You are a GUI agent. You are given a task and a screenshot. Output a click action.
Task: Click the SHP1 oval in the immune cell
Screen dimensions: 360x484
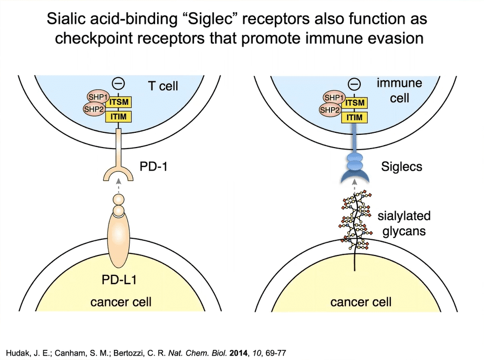coord(333,97)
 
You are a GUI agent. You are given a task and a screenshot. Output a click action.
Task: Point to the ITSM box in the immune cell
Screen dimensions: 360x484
coord(355,103)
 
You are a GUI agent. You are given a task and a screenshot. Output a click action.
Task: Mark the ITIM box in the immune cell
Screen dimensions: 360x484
coord(355,117)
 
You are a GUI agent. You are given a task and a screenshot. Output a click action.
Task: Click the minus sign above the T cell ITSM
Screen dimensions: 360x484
coord(119,84)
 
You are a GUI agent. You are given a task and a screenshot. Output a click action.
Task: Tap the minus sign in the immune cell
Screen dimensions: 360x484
coord(355,84)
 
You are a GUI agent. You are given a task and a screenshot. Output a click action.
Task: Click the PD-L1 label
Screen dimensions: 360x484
coord(121,279)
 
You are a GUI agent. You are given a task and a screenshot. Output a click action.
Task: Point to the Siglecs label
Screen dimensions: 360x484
coord(402,166)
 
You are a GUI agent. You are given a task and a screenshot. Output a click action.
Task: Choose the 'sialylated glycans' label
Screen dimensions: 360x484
coord(404,224)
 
